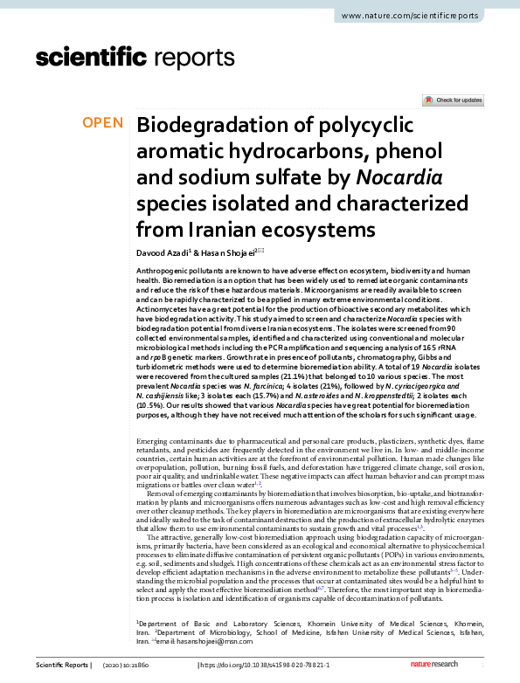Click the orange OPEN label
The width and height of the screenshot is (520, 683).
[x=102, y=123]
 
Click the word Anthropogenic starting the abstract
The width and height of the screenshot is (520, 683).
[x=166, y=273]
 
